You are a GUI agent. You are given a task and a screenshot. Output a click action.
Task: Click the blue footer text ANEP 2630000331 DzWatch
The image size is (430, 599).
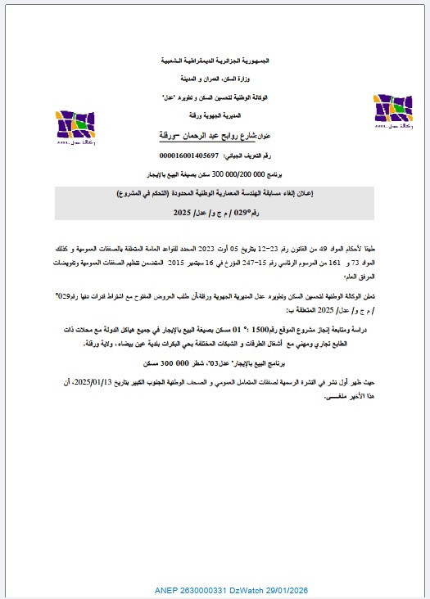point(215,589)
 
